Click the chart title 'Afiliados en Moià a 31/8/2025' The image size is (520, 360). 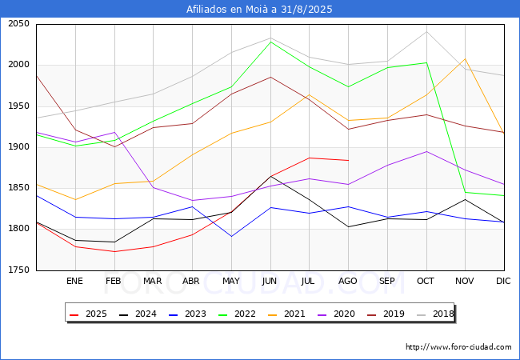259,10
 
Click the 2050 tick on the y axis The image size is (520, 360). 18,24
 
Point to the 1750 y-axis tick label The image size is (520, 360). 18,270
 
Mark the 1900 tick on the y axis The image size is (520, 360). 18,147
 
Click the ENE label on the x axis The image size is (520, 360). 75,281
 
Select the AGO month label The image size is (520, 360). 348,281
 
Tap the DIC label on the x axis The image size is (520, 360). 503,281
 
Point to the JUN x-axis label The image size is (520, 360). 270,281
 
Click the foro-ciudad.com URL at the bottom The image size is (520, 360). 458,347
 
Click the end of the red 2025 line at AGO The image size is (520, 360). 348,161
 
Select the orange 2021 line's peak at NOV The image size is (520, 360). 465,58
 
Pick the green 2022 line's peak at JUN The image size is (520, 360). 270,42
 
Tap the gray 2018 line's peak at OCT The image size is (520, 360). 426,32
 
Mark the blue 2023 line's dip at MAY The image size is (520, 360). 231,236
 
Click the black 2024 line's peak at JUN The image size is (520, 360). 270,176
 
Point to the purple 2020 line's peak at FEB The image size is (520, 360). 114,133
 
